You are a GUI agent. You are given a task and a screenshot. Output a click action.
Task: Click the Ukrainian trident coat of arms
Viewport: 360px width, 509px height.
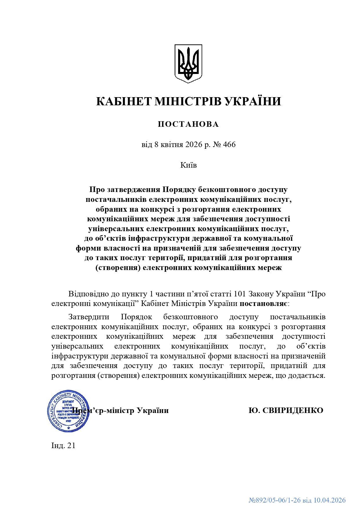(188, 64)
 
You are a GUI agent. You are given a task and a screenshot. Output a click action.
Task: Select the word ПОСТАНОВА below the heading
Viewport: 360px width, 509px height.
(188, 124)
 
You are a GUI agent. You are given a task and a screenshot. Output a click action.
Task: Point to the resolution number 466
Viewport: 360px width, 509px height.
(229, 144)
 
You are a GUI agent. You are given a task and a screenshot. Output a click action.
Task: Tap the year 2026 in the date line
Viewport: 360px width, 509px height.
(193, 144)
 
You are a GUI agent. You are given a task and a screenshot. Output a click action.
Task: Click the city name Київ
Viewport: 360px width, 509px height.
(189, 165)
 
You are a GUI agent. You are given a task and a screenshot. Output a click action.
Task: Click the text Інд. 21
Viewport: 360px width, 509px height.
(64, 445)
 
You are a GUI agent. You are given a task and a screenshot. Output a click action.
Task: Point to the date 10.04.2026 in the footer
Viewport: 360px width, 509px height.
(330, 500)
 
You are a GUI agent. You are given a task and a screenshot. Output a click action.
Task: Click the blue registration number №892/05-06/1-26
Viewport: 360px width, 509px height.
(275, 500)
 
